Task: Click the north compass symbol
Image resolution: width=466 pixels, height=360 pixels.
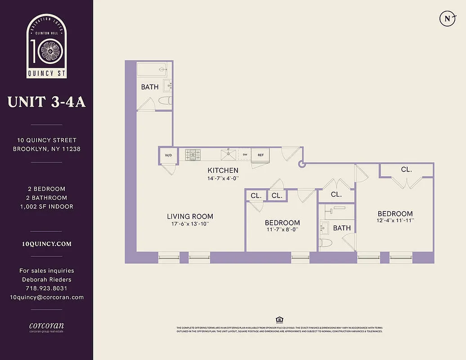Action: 447,18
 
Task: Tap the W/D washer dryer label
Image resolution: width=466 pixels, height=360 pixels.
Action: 168,155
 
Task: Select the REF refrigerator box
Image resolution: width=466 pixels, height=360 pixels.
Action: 260,155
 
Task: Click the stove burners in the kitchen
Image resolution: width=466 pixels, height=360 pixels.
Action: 193,155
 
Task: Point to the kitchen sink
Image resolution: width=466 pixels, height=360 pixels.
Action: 229,155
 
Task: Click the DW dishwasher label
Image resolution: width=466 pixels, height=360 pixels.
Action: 245,155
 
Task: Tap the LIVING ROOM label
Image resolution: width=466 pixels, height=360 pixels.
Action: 190,216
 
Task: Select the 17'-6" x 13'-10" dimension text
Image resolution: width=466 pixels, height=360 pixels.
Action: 190,224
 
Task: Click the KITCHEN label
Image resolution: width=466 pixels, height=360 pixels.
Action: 223,171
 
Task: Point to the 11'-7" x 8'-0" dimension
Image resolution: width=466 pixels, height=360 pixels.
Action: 282,229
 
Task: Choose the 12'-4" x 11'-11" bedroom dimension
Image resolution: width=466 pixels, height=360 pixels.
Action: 395,220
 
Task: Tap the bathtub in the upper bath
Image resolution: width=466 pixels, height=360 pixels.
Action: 152,69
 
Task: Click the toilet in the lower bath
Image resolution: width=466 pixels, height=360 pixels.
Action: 326,243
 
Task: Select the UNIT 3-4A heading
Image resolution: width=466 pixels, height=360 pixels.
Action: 46,102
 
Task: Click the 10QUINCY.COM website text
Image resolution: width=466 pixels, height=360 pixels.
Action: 46,244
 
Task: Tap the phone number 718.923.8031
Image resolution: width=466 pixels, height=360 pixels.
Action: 46,288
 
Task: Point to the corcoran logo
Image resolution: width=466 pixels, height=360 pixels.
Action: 46,326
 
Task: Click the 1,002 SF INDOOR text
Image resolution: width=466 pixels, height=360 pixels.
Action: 46,207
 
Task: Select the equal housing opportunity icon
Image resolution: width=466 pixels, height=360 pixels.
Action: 279,320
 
